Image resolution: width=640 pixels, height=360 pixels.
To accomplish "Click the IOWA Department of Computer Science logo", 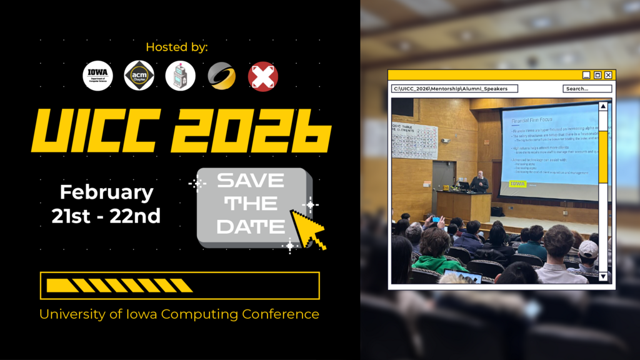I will click(x=97, y=76).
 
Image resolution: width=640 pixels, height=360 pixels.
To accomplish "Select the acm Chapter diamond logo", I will click(x=139, y=76).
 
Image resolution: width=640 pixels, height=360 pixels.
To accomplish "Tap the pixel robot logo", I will click(x=181, y=76).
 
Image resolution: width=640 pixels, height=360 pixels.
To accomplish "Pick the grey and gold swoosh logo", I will click(x=222, y=76).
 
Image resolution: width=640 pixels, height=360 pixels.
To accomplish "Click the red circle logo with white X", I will click(x=263, y=76).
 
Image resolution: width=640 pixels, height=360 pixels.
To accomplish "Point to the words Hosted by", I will click(x=177, y=47).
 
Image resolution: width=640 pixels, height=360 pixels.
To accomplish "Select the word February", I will click(x=106, y=192).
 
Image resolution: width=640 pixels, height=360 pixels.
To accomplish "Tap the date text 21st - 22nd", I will click(x=106, y=216).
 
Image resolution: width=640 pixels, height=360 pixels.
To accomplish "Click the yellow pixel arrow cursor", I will click(x=307, y=229).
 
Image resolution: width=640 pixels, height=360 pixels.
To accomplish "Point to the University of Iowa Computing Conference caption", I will click(x=179, y=314).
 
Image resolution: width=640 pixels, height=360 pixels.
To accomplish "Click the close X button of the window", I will click(x=608, y=75).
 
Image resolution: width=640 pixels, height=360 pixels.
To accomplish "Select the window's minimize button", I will click(x=586, y=75).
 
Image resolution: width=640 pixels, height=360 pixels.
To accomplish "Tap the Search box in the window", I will click(x=587, y=89).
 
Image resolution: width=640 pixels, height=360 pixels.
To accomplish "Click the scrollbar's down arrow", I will click(x=603, y=276).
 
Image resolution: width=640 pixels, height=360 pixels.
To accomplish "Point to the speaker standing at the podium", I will click(x=479, y=182).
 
